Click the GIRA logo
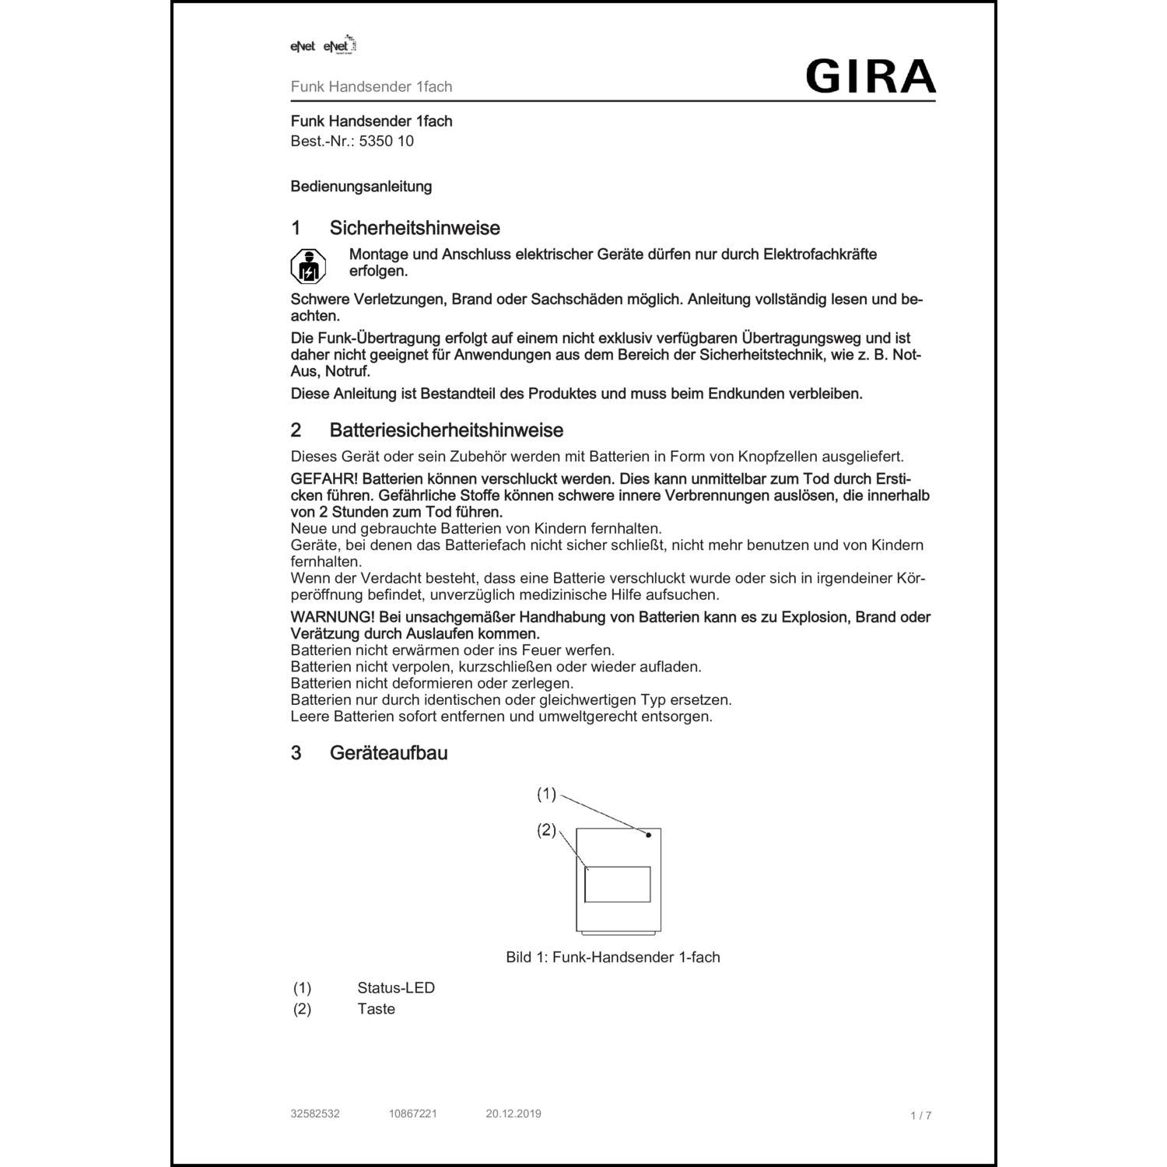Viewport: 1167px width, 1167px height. coord(870,76)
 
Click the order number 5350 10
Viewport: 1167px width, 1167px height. coord(386,142)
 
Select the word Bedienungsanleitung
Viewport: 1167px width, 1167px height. coord(361,187)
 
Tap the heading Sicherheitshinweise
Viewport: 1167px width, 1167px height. coord(414,228)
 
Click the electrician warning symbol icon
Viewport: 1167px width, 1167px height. coord(308,266)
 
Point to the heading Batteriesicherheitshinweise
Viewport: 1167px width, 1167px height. coord(446,430)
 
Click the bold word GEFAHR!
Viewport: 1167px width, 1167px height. coord(324,478)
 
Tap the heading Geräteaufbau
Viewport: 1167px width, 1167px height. coord(388,753)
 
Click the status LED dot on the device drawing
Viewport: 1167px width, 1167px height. coord(648,835)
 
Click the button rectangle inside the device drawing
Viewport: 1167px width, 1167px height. coord(618,885)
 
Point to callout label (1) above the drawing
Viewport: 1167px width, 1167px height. coord(547,794)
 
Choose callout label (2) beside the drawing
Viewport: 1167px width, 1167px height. coord(547,830)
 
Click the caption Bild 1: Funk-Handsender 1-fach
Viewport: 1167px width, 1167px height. coord(613,958)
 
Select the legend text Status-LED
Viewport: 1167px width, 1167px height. coord(396,988)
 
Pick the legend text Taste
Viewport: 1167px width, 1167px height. coord(376,1009)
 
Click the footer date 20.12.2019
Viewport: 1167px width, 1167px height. coord(513,1113)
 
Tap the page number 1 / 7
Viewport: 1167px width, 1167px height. coord(920,1116)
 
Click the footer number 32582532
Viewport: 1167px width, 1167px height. coord(315,1113)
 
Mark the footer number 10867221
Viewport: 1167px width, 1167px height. coord(413,1113)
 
